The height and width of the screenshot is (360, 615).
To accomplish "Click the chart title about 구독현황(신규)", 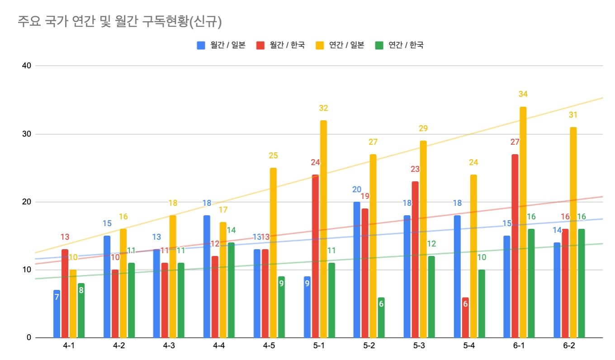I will (119, 22).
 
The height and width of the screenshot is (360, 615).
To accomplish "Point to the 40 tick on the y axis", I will (26, 66).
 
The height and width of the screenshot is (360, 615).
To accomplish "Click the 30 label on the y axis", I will (26, 134).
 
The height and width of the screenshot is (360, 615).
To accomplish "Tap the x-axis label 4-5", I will (269, 346).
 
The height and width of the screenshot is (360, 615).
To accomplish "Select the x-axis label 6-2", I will (569, 346).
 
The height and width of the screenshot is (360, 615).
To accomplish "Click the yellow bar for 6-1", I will (523, 222).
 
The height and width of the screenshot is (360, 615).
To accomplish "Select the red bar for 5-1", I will (315, 256).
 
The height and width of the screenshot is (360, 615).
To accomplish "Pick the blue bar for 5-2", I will (357, 270).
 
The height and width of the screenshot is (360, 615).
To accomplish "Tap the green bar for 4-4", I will (231, 290).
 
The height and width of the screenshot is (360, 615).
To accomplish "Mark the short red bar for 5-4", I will (465, 317).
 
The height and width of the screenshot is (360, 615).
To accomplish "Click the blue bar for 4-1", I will (57, 314).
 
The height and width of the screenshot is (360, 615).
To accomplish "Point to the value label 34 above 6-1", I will (523, 94).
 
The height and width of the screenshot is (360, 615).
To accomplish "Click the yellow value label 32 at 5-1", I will (323, 108).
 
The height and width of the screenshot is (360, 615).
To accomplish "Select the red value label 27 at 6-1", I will (515, 142).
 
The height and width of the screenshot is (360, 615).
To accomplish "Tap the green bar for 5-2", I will (381, 317).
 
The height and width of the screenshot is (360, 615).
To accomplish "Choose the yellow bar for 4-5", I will (273, 252).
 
